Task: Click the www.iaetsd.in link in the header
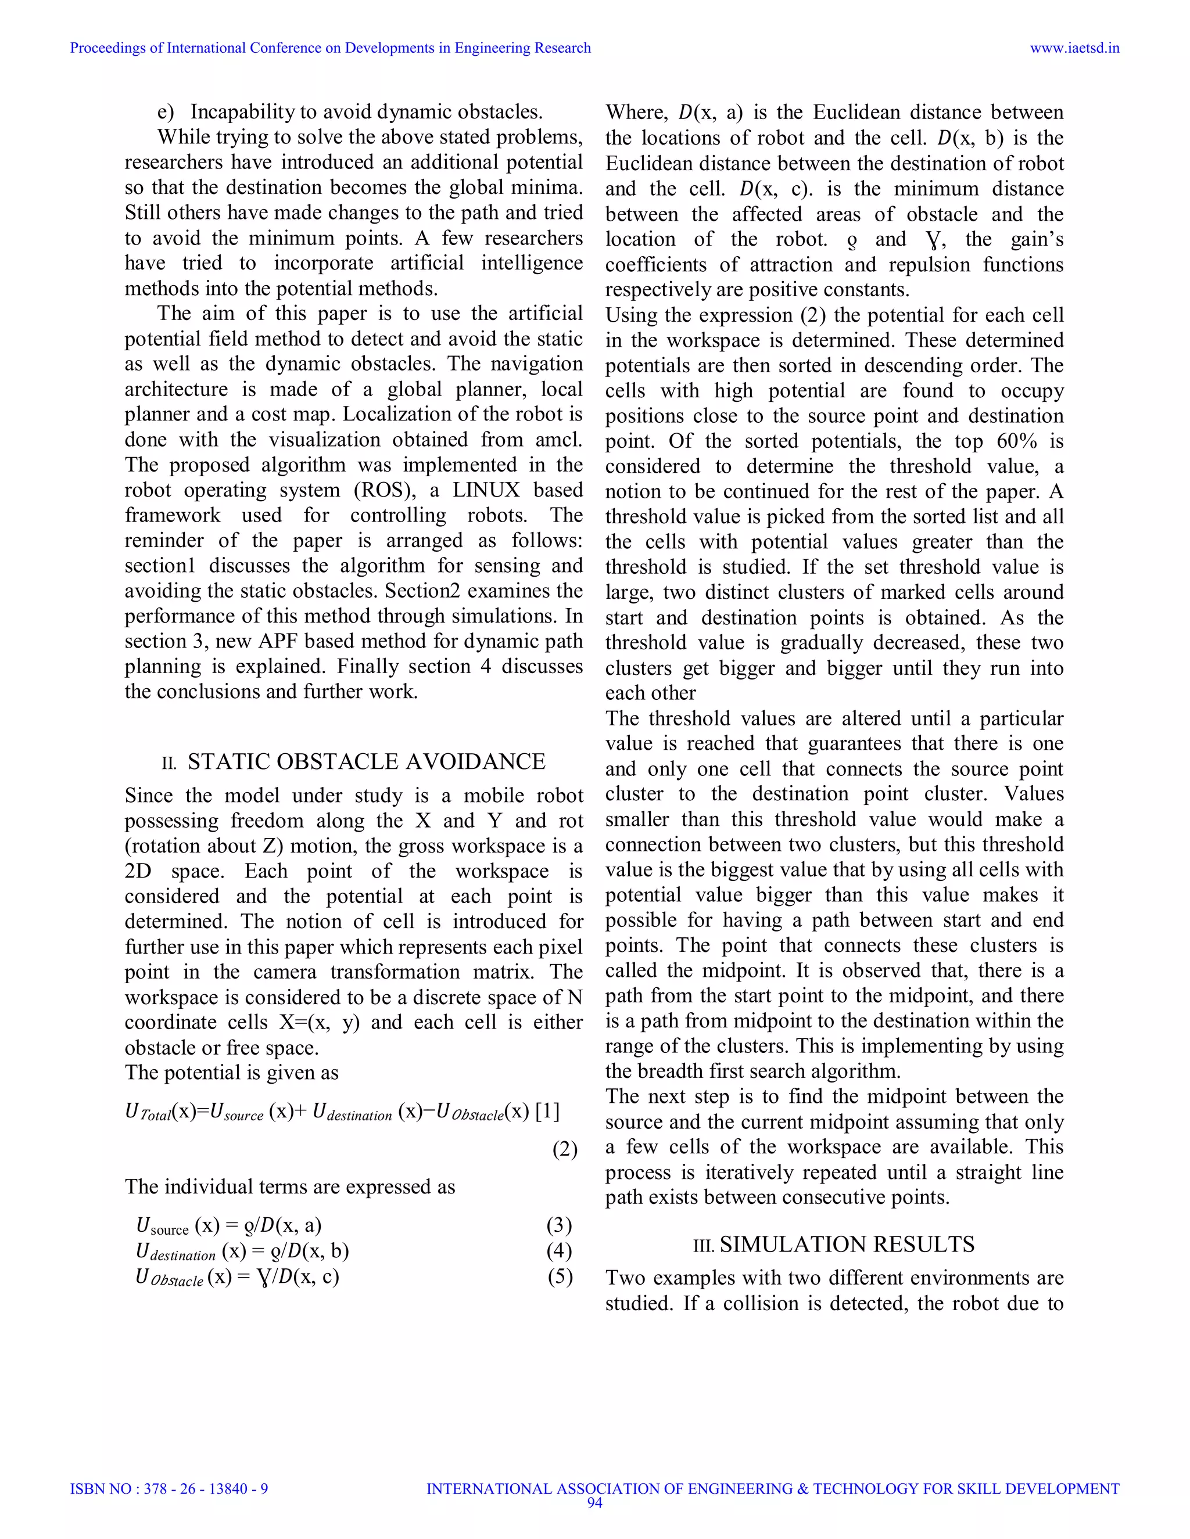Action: tap(1074, 48)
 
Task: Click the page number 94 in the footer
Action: tap(594, 1502)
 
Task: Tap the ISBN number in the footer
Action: tap(169, 1489)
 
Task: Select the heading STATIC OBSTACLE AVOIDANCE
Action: tap(366, 762)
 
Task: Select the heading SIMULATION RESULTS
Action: tap(847, 1245)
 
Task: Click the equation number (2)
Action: tap(565, 1149)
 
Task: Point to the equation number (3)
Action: tap(559, 1225)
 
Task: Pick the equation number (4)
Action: tap(559, 1251)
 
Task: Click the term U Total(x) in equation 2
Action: tap(159, 1113)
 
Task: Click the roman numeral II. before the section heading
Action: tap(169, 764)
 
